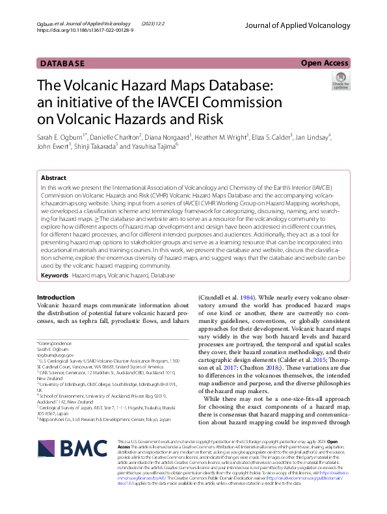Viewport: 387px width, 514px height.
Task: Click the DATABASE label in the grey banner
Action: point(62,64)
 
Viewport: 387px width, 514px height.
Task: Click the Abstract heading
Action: point(53,177)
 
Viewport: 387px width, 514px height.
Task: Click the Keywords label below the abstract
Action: point(55,276)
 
